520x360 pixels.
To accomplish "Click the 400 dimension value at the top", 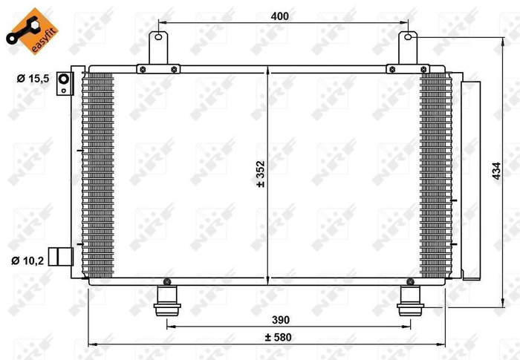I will click(279, 16).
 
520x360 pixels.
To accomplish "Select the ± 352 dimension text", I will click(260, 175).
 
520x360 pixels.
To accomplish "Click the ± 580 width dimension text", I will click(278, 338).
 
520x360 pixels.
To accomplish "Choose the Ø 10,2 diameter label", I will click(30, 260).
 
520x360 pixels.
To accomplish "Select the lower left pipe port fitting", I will click(59, 256).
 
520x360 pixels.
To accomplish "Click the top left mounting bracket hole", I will click(157, 36).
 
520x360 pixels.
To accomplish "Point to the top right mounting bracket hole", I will click(408, 36).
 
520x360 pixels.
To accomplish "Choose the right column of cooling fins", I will click(435, 175).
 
